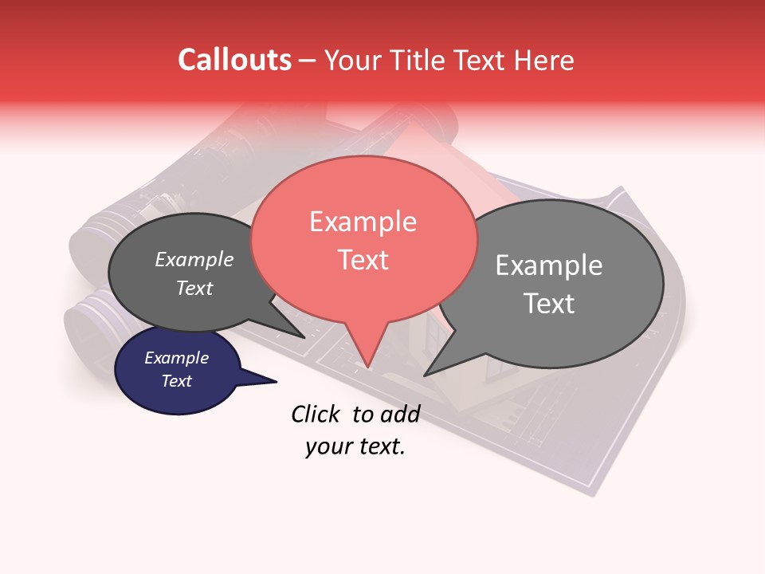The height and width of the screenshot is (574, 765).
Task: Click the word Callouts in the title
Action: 234,60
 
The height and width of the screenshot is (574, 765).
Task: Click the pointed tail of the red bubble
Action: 367,359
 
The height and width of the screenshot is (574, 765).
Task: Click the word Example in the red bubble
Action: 363,222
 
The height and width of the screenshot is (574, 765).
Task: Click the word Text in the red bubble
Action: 363,260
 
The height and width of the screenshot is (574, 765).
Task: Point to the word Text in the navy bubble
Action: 177,381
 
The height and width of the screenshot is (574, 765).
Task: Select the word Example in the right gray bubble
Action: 549,265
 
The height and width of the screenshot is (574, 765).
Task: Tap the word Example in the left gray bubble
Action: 194,260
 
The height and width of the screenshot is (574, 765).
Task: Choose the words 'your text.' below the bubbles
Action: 355,446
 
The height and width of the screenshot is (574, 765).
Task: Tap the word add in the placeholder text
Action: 401,414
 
